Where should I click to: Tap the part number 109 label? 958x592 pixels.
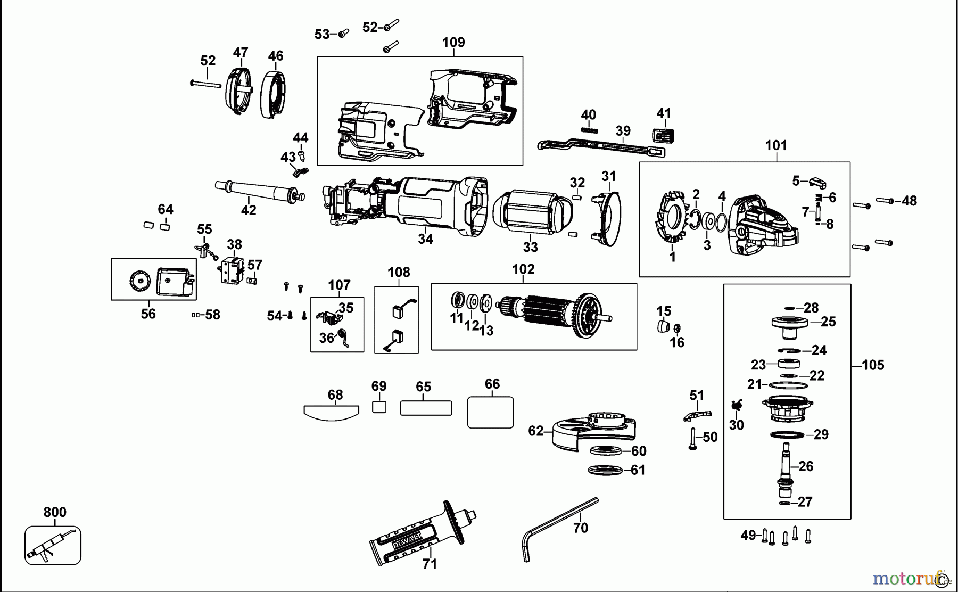coord(453,43)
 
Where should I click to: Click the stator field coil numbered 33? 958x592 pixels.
coord(532,212)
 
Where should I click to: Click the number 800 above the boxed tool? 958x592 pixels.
coord(55,512)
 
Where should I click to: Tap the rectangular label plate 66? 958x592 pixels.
coord(490,412)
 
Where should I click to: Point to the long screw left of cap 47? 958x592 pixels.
coord(205,84)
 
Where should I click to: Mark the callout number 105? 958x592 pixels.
coord(873,365)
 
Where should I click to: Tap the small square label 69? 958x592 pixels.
coord(379,407)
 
